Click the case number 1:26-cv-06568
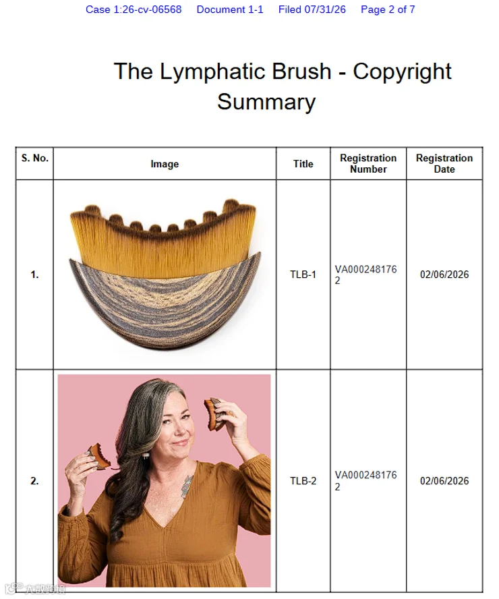(x=134, y=9)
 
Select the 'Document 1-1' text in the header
(x=230, y=9)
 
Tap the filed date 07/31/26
(x=325, y=9)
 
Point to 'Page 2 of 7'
(x=388, y=9)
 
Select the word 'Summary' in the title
(x=266, y=102)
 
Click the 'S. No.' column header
(x=35, y=158)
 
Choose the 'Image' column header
(x=165, y=164)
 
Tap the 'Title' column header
(x=303, y=164)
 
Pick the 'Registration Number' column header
(x=368, y=163)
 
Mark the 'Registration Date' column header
(x=444, y=163)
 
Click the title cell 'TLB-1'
(x=303, y=275)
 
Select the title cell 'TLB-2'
(x=303, y=480)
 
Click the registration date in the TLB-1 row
(x=444, y=275)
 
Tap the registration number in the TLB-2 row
(x=365, y=480)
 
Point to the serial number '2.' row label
(x=34, y=480)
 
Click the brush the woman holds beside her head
(x=216, y=413)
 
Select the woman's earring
(x=146, y=457)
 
